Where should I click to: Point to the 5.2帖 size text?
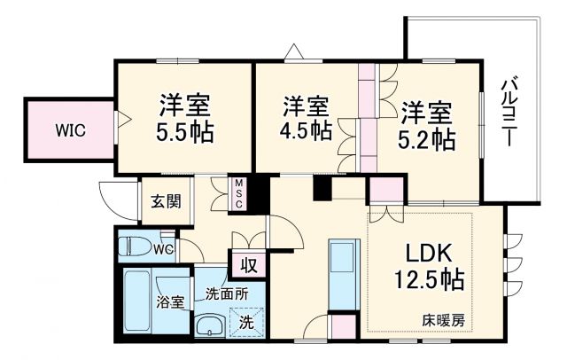point(428,138)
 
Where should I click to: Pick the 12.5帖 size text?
point(429,281)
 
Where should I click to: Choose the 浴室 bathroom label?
point(171,302)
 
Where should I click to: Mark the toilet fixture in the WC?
point(136,246)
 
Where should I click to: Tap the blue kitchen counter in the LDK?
point(343,270)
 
